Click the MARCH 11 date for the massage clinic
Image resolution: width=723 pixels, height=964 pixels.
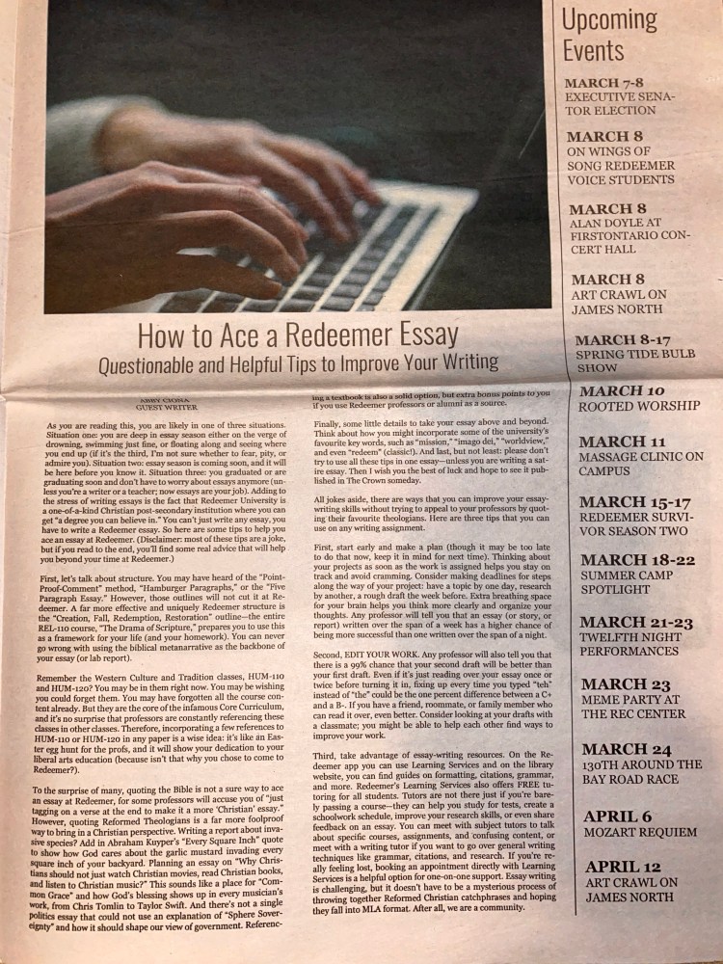(x=623, y=442)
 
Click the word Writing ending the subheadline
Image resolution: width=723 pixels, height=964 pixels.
(x=467, y=363)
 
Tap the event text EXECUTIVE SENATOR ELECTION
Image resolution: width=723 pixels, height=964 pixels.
(x=620, y=104)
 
